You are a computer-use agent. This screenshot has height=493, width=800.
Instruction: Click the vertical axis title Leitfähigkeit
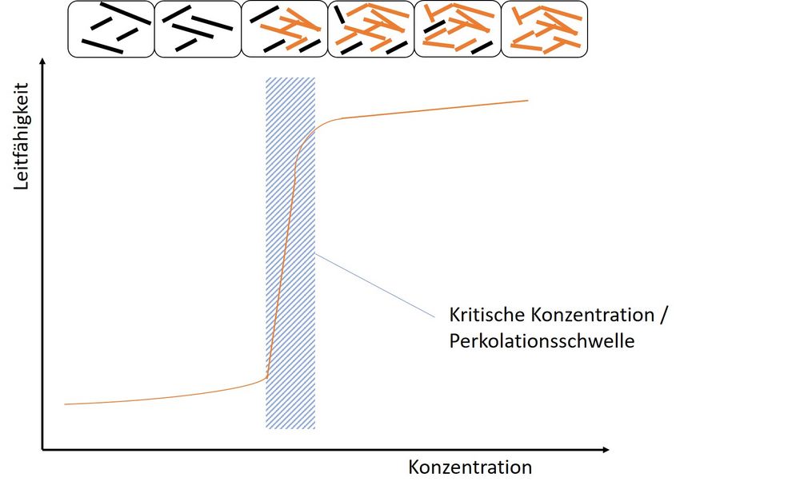22,137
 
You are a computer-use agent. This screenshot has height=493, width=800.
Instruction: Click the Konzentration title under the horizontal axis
470,467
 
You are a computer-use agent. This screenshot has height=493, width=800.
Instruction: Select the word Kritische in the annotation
487,315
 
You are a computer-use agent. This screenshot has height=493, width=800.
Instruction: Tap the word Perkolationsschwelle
542,340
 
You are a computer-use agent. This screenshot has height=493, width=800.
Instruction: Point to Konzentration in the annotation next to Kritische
592,315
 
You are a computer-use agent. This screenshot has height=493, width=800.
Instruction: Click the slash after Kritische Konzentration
662,315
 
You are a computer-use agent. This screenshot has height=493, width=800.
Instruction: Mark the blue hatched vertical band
290,253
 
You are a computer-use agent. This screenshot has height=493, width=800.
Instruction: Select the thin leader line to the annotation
375,285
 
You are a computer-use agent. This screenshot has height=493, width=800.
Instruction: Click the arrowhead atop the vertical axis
43,61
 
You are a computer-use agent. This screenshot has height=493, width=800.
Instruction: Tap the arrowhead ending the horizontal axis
606,450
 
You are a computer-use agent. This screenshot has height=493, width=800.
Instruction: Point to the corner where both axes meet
42,450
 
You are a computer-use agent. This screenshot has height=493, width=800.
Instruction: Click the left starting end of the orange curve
65,404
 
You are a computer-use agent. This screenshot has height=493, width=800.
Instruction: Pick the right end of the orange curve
527,101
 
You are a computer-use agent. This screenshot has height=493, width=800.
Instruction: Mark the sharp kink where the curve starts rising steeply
267,378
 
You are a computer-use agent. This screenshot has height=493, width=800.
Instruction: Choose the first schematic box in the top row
111,29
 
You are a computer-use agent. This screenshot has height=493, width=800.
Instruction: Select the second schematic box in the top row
198,29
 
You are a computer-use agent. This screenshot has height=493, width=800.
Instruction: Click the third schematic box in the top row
285,29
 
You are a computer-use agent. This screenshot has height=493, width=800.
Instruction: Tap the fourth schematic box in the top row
371,29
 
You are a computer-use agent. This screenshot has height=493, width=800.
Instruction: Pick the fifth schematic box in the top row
458,29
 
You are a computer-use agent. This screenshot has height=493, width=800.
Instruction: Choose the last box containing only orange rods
545,29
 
